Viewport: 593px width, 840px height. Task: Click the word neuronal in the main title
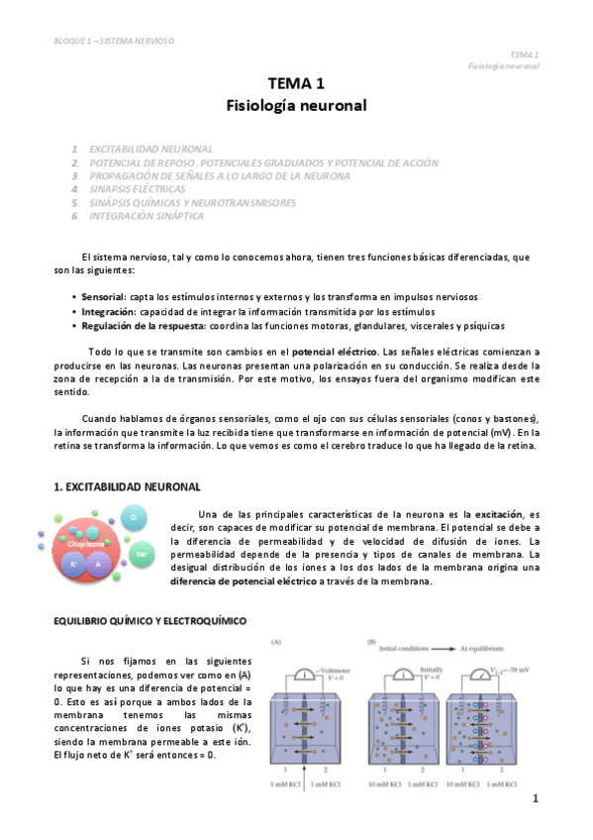[x=330, y=103]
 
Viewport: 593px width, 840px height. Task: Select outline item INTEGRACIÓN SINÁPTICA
[x=147, y=215]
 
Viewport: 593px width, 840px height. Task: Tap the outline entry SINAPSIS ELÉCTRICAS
[x=137, y=188]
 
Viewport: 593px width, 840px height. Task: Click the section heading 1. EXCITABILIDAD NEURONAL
[x=126, y=486]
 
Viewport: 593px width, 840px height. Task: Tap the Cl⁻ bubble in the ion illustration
[x=134, y=516]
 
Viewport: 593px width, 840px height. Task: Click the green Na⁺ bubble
[x=143, y=554]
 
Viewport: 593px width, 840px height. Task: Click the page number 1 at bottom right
[x=534, y=798]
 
